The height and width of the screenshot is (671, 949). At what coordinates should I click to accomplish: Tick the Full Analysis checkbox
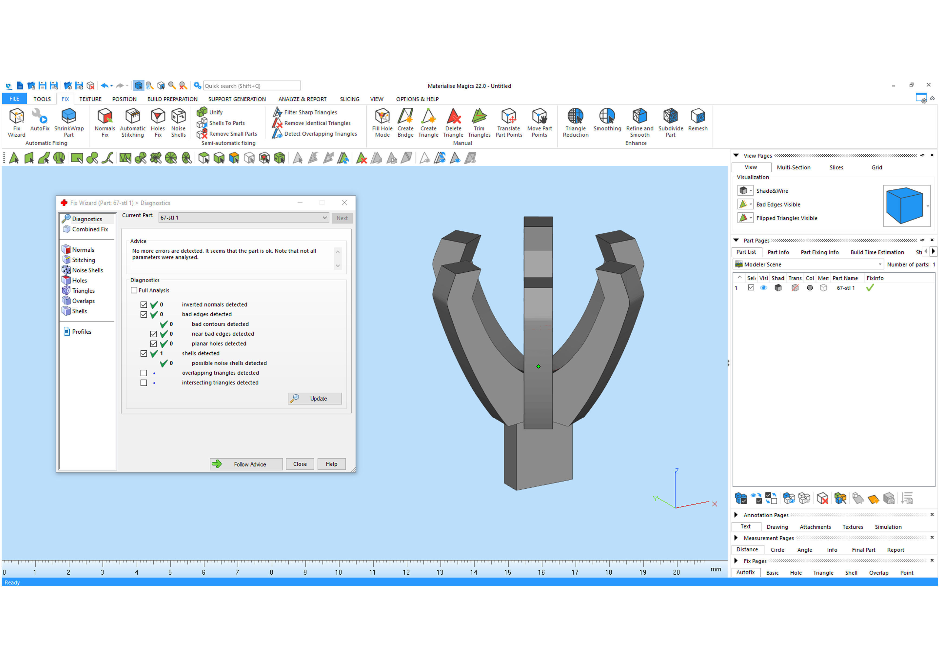tap(134, 290)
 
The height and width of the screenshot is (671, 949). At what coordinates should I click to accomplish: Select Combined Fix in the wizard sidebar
tap(90, 229)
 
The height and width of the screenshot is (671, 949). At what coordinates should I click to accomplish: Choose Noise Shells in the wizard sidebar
tap(87, 270)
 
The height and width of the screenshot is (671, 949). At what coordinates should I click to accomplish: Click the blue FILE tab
tap(14, 99)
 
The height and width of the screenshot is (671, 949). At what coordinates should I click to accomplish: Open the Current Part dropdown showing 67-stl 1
tap(244, 218)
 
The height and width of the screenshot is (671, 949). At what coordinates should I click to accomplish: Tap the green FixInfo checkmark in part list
tap(870, 288)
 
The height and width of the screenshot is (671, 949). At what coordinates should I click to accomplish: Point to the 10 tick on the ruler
tap(339, 565)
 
